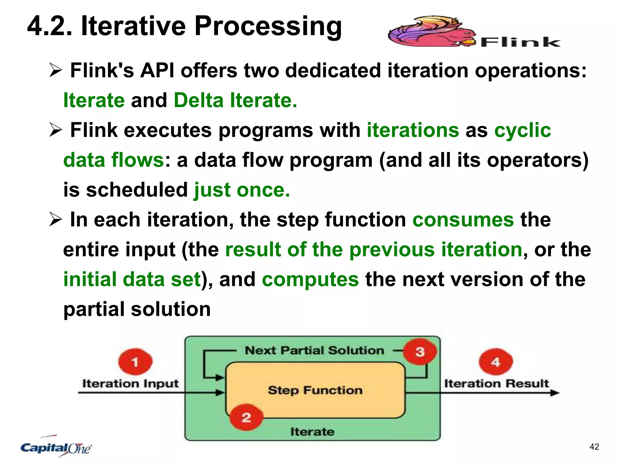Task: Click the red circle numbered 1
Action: [135, 362]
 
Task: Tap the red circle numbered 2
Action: [246, 417]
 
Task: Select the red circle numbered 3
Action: [420, 352]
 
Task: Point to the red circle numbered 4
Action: [495, 362]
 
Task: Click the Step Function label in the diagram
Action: [315, 390]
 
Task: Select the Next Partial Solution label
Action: [314, 350]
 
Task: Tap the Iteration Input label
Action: [130, 383]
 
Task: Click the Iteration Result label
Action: [496, 383]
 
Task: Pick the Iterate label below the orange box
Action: [312, 431]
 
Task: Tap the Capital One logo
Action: [56, 447]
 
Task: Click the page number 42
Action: [594, 447]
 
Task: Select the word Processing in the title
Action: [268, 27]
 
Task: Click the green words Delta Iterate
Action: [235, 100]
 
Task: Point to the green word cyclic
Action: [522, 130]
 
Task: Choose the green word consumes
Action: [463, 220]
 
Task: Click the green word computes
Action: [310, 279]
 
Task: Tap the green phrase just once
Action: [242, 190]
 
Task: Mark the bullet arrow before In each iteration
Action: [55, 220]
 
